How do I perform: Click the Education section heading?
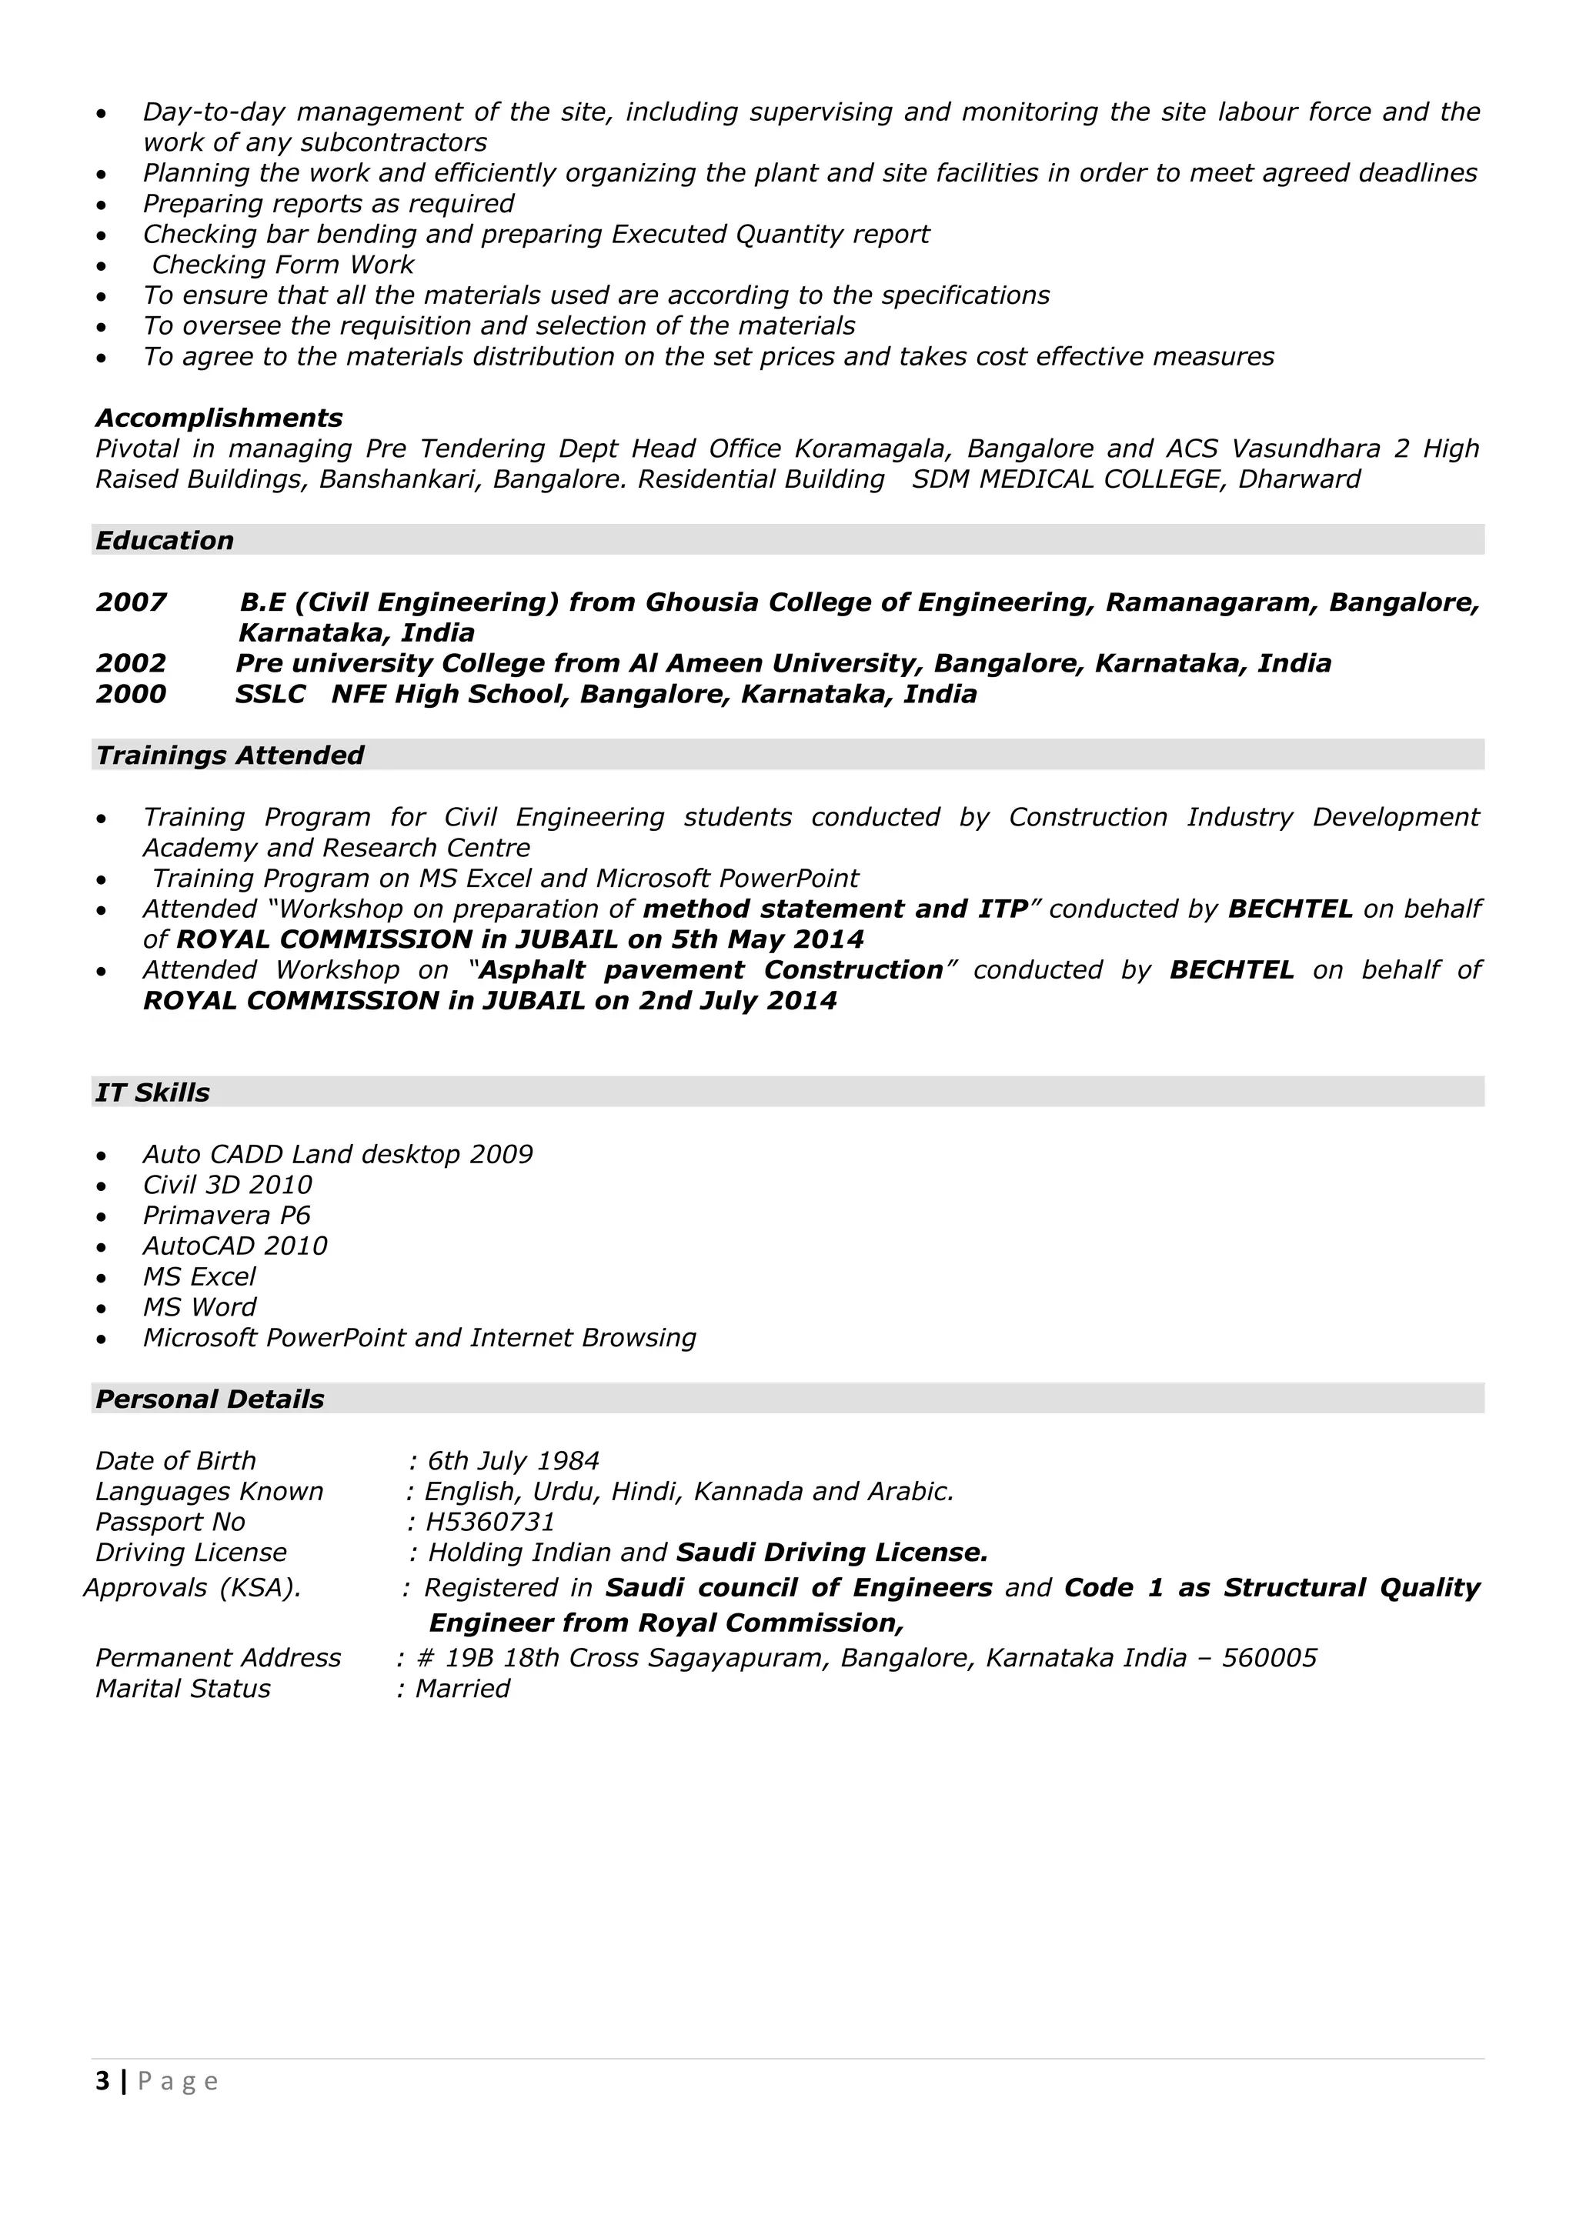(x=164, y=541)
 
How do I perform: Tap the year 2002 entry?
(x=131, y=664)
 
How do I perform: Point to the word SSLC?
(x=270, y=695)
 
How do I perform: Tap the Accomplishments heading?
(x=219, y=419)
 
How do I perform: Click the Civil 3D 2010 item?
(x=227, y=1185)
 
